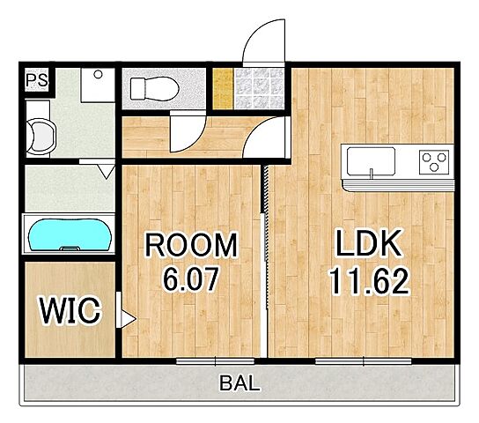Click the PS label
(37, 80)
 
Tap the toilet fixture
(154, 89)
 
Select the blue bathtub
(70, 234)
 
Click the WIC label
(70, 310)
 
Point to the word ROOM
(191, 245)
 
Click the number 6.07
(191, 278)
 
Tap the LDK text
(368, 243)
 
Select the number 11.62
(368, 282)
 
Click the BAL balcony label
(239, 383)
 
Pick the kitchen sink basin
(372, 161)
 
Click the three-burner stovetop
(434, 161)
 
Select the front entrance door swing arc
(263, 42)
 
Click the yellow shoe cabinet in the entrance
(223, 89)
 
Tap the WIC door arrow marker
(127, 319)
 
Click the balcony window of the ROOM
(216, 361)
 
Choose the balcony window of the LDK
(364, 361)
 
